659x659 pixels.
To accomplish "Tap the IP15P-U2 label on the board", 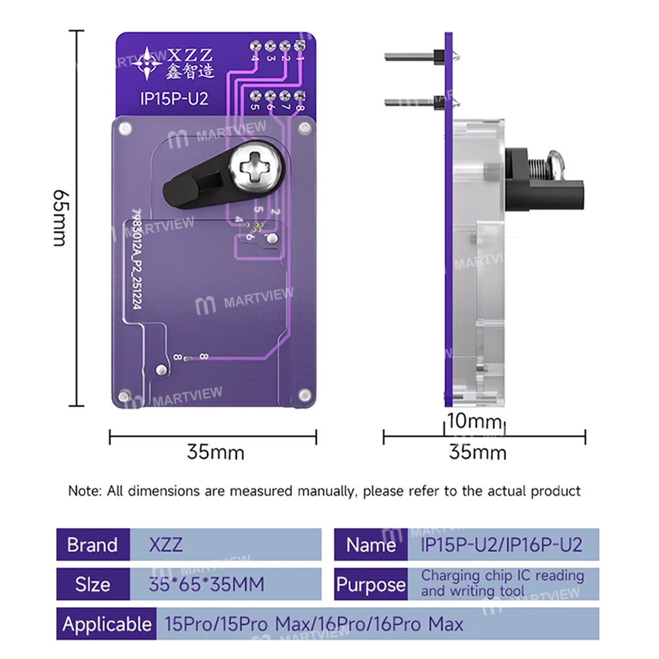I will (174, 99).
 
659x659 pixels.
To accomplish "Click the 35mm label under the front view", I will (215, 452).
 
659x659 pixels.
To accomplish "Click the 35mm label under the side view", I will (477, 452).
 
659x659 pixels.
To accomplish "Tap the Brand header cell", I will (92, 545).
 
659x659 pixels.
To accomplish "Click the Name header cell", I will (370, 545).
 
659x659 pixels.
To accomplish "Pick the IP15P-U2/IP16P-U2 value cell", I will (501, 545).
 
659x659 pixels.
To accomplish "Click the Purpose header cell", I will (371, 584).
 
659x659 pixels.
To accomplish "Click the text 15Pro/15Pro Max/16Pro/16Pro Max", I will (313, 623).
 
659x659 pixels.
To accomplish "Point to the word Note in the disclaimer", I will (82, 491).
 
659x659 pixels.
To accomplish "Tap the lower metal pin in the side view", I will (409, 103).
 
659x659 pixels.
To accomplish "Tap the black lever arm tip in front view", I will (178, 191).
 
